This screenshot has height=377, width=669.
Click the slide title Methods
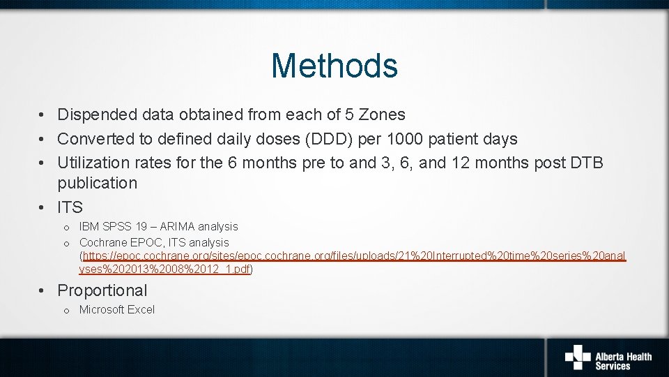coord(334,66)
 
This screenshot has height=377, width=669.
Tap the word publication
coord(97,183)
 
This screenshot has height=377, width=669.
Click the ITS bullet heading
coord(70,207)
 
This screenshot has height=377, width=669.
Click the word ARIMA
coord(179,226)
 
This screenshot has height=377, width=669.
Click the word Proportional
coord(102,290)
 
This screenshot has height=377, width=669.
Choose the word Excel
coord(141,309)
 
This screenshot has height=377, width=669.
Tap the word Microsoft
coord(102,309)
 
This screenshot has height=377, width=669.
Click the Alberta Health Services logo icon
coord(577,357)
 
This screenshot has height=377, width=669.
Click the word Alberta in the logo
coord(610,357)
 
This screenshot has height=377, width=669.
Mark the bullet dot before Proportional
coord(43,290)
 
